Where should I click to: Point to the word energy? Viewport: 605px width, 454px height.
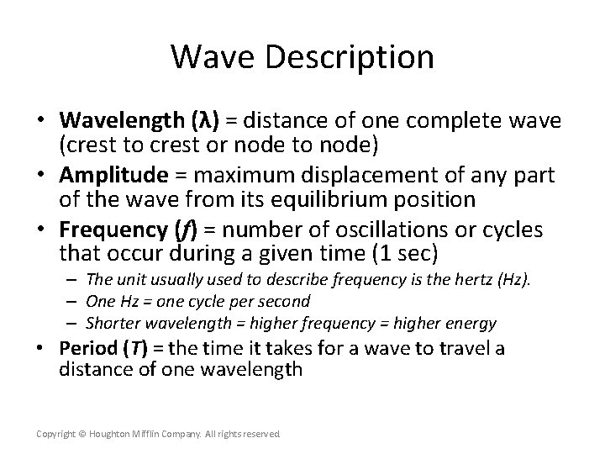[471, 323]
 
